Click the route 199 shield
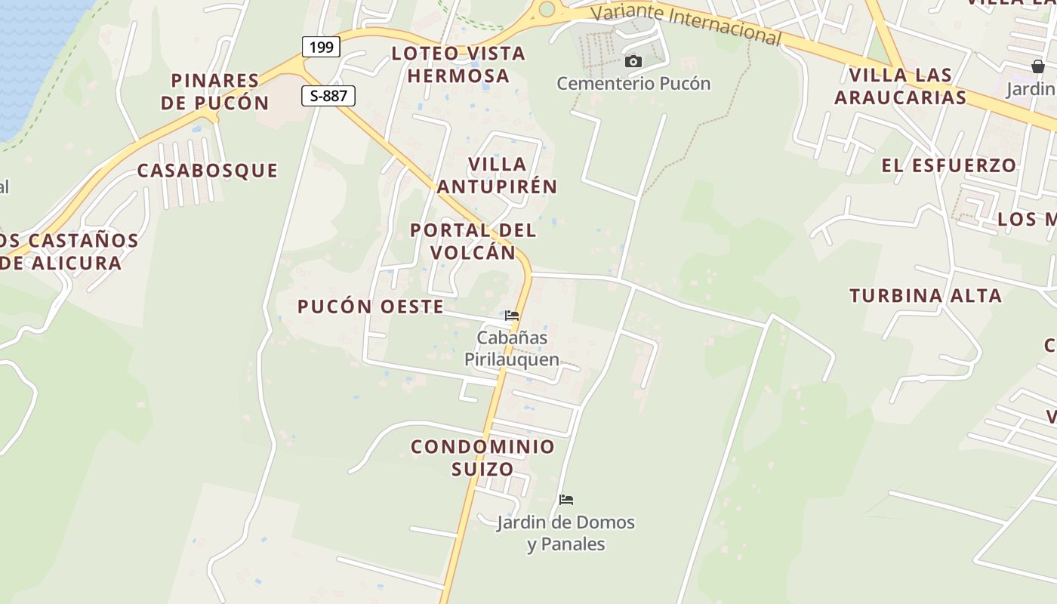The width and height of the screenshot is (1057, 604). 321,47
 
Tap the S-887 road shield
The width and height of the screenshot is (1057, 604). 328,95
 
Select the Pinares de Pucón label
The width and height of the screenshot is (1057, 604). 215,91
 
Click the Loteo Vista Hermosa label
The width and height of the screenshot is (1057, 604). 458,65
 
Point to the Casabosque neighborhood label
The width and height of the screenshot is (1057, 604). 208,171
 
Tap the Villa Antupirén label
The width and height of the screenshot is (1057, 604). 497,175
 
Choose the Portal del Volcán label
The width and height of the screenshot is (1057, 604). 473,241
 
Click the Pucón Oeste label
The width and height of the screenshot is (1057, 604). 371,307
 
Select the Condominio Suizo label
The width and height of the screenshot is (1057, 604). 482,458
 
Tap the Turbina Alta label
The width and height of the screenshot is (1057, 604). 926,296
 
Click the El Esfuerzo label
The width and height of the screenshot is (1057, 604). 949,165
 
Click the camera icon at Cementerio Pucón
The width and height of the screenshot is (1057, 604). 633,62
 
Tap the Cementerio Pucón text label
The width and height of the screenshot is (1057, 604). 633,83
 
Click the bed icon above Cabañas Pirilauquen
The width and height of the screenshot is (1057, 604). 512,316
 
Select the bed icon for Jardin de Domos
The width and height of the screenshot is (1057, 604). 566,500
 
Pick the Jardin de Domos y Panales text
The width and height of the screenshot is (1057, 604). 565,533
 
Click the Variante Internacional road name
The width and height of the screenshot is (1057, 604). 685,23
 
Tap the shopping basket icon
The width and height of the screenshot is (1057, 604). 1038,66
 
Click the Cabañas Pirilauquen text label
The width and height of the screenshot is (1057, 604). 511,348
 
